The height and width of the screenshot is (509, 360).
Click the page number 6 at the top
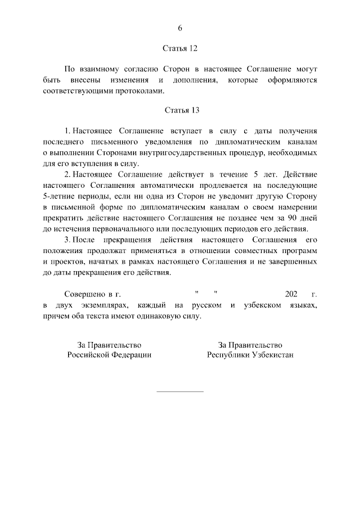point(180,28)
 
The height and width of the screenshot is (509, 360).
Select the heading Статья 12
point(180,49)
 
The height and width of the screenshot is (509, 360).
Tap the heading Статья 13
point(180,110)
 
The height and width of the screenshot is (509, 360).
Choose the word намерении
point(296,206)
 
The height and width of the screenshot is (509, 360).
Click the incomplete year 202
point(290,294)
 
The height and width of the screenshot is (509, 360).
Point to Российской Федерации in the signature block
point(110,355)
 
